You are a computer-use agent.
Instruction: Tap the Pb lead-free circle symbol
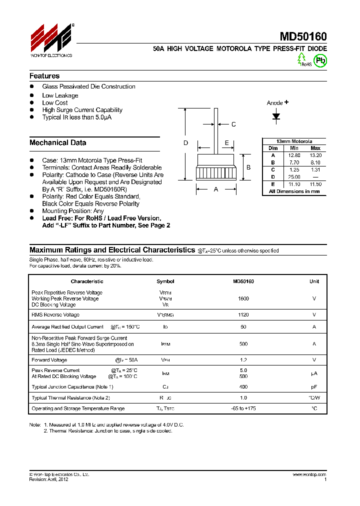click(320, 60)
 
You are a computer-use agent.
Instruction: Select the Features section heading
click(44, 76)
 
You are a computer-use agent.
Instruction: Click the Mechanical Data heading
click(57, 142)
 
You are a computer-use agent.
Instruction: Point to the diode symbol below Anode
click(276, 116)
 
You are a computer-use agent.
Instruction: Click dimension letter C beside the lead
click(233, 124)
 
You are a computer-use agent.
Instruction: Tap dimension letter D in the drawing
click(185, 143)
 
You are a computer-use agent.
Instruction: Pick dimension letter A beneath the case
click(216, 189)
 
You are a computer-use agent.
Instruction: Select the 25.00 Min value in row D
click(294, 177)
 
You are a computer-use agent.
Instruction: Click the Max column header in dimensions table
click(315, 148)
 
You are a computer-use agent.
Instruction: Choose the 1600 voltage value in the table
click(243, 298)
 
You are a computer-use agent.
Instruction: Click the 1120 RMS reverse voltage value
click(243, 315)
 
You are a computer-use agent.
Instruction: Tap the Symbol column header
click(165, 281)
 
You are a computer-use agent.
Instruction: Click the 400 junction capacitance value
click(243, 387)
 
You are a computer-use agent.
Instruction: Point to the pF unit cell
click(314, 387)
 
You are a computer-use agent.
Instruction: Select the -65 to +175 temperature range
click(243, 409)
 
